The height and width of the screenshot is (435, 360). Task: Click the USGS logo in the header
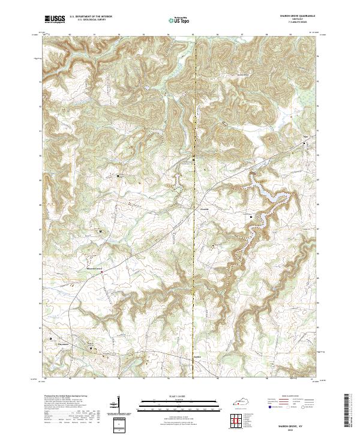point(55,19)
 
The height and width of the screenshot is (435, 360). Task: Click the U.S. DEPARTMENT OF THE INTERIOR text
point(91,17)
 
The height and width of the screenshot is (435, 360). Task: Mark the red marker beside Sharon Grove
point(101,272)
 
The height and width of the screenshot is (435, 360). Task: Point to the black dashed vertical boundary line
point(193,240)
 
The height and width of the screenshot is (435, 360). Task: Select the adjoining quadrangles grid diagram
point(238,421)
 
